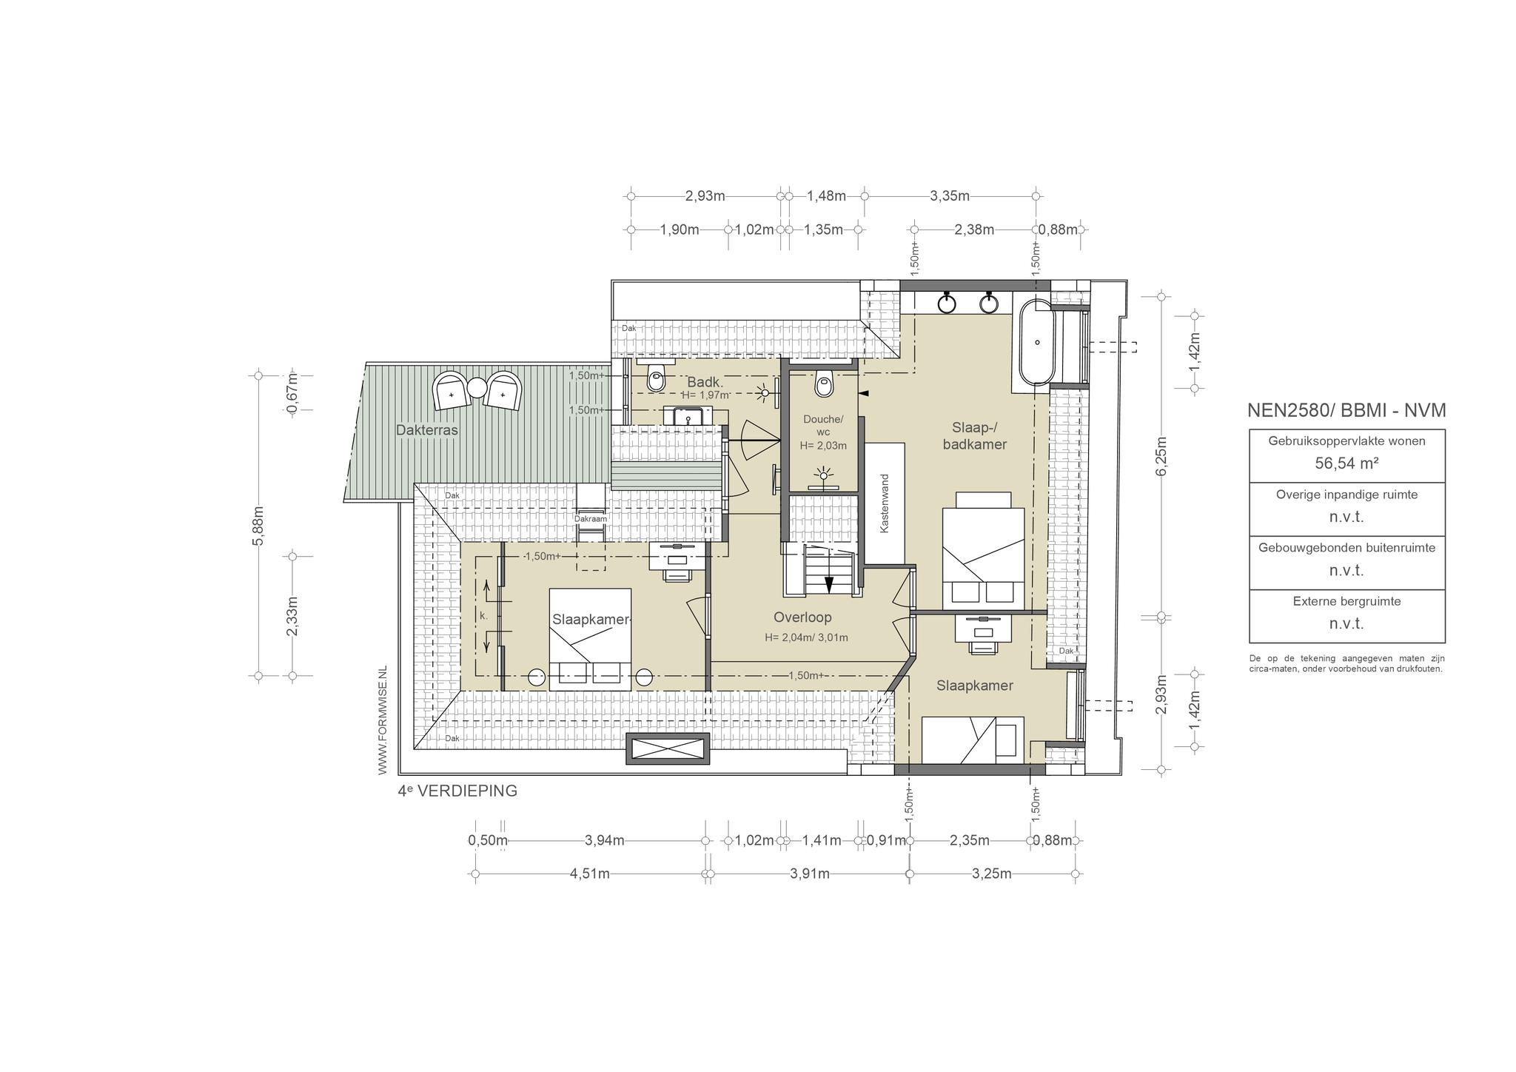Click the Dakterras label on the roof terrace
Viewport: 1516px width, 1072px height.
pyautogui.click(x=427, y=429)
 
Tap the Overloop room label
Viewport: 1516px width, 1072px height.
pyautogui.click(x=802, y=617)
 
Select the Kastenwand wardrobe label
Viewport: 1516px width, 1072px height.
pyautogui.click(x=883, y=503)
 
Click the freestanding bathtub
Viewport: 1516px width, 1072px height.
pyautogui.click(x=1036, y=342)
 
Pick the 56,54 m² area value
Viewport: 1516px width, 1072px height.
pyautogui.click(x=1346, y=463)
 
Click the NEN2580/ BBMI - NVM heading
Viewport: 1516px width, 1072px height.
pyautogui.click(x=1346, y=410)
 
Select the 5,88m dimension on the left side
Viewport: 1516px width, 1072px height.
pyautogui.click(x=258, y=526)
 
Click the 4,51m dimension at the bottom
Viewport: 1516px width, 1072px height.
pyautogui.click(x=590, y=874)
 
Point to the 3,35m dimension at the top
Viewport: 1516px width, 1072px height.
pyautogui.click(x=950, y=196)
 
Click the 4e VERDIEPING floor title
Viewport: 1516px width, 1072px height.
pyautogui.click(x=457, y=791)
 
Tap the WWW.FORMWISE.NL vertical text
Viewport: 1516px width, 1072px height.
pyautogui.click(x=383, y=720)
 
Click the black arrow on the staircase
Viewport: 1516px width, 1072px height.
pyautogui.click(x=829, y=584)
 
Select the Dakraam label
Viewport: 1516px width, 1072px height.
pyautogui.click(x=590, y=519)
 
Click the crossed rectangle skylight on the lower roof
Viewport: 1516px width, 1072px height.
pyautogui.click(x=668, y=748)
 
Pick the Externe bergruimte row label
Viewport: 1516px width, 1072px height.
pyautogui.click(x=1346, y=601)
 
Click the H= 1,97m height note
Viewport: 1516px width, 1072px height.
pyautogui.click(x=705, y=395)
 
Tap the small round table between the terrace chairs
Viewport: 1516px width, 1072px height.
pyautogui.click(x=477, y=386)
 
